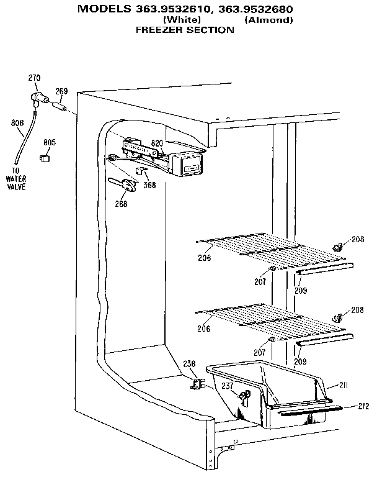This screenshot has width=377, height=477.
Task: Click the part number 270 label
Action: point(34,78)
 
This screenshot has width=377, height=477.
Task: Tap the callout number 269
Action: point(61,91)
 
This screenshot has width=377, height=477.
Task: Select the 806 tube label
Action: point(17,123)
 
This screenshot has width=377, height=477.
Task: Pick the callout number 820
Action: point(157,143)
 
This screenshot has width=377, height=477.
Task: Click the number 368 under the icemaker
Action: point(149,184)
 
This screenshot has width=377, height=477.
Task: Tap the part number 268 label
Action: point(121,203)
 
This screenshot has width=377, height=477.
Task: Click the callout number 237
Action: point(228,386)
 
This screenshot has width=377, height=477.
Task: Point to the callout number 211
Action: point(343,386)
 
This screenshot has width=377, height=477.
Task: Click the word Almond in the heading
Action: point(268,20)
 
